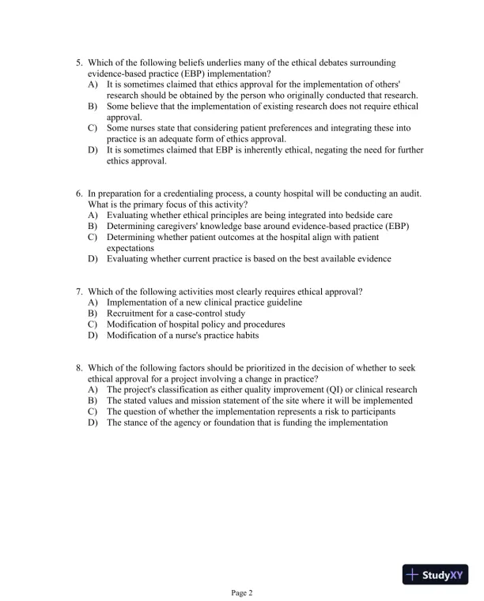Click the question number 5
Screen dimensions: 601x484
(x=78, y=62)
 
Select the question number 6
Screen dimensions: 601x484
(x=78, y=193)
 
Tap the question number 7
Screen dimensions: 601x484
(x=78, y=291)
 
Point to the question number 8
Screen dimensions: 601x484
(x=78, y=368)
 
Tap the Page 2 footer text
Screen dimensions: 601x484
(x=241, y=592)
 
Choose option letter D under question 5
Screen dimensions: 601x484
(x=93, y=150)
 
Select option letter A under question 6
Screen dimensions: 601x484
(x=93, y=215)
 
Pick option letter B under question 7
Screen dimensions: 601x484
(x=93, y=314)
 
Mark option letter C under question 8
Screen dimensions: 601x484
(x=93, y=411)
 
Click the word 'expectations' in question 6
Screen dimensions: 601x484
(x=130, y=247)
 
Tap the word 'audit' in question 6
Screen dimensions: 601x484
(x=409, y=193)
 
